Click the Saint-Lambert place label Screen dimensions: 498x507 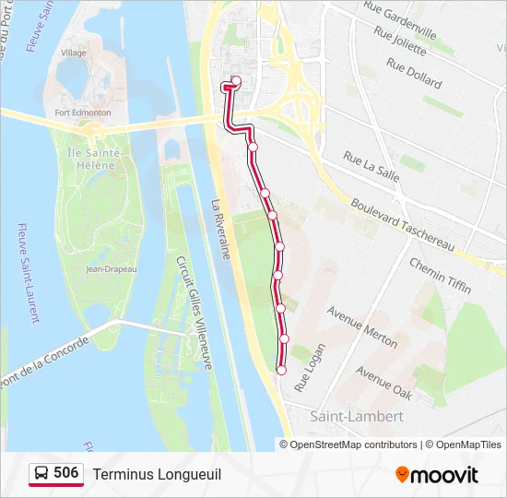[x=357, y=417]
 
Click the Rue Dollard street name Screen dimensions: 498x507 [x=415, y=73]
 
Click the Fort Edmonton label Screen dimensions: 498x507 [x=83, y=113]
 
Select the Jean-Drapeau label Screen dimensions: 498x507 [x=111, y=269]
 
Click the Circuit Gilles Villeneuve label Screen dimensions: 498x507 [x=195, y=314]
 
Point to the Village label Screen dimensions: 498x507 [x=74, y=53]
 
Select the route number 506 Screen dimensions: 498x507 [x=66, y=473]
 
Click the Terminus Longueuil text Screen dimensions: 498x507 [x=157, y=474]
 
